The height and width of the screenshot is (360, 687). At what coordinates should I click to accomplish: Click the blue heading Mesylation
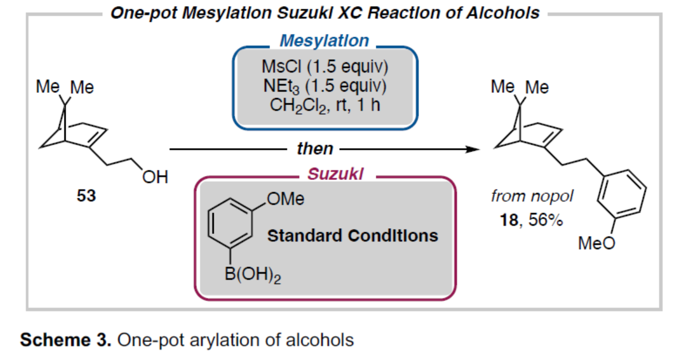click(324, 41)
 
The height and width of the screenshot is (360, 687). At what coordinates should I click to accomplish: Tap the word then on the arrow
click(315, 149)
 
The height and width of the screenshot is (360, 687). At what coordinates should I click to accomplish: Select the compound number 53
click(87, 196)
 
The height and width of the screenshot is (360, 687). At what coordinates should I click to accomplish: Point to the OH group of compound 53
click(155, 177)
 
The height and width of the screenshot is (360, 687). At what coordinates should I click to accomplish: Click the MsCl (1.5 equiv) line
click(325, 66)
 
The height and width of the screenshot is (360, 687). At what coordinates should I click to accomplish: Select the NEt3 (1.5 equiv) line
click(325, 86)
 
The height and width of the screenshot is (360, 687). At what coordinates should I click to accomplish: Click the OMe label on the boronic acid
click(285, 200)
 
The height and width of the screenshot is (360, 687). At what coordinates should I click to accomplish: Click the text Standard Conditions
click(353, 236)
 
